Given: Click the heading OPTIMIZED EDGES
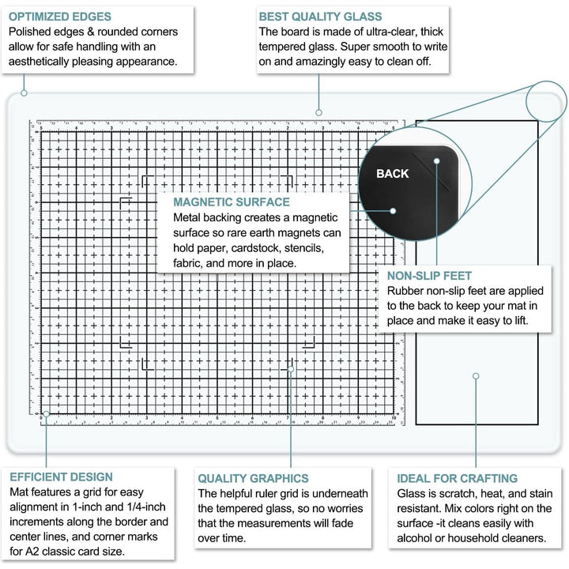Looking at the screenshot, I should pyautogui.click(x=60, y=16).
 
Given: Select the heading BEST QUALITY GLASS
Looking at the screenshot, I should pyautogui.click(x=321, y=16).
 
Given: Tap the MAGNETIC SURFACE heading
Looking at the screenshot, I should pyautogui.click(x=232, y=202).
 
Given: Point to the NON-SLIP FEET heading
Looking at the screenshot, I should pyautogui.click(x=430, y=276).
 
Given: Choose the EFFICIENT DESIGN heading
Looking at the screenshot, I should pyautogui.click(x=61, y=477).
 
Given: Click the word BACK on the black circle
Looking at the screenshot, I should pyautogui.click(x=393, y=174).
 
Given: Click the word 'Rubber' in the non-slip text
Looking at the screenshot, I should pyautogui.click(x=407, y=291).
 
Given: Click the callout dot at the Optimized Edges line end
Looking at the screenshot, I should pyautogui.click(x=24, y=93).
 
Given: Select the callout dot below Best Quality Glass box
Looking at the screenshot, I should pyautogui.click(x=319, y=112).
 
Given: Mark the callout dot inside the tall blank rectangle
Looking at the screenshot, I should pyautogui.click(x=476, y=376).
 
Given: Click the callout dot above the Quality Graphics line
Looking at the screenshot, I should pyautogui.click(x=291, y=369).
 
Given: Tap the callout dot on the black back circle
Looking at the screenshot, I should pyautogui.click(x=393, y=211).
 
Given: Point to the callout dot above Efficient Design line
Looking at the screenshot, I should pyautogui.click(x=46, y=413).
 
